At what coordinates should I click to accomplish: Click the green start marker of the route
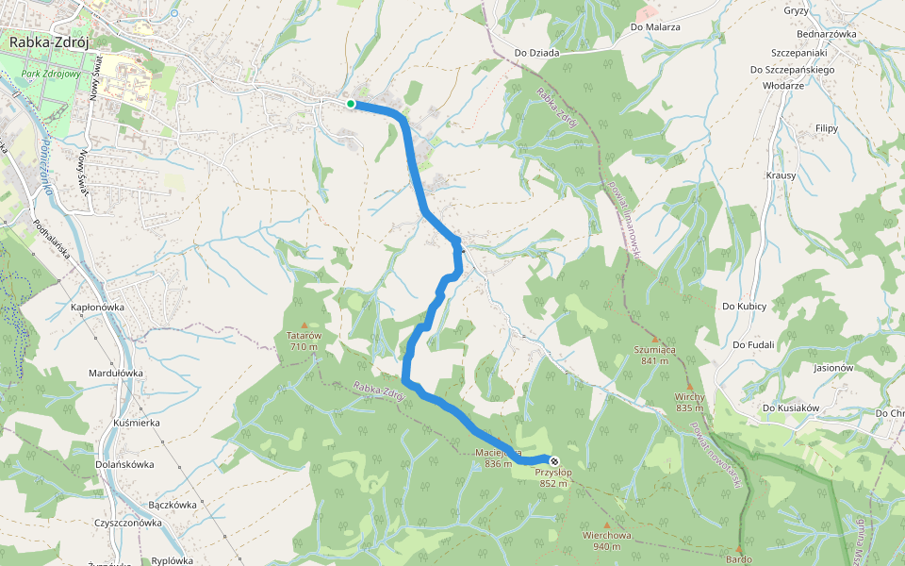coord(351,104)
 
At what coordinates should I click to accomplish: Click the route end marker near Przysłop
coord(554,460)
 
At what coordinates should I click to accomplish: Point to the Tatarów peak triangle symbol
coord(304,325)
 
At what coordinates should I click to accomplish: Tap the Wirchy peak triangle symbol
coord(690,387)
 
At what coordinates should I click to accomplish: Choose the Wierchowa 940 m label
coord(607,541)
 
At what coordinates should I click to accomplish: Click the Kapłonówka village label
coord(98,308)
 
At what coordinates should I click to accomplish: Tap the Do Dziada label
coord(537,53)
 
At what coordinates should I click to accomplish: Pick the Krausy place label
coord(782,175)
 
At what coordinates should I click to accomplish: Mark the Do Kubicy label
coord(745,307)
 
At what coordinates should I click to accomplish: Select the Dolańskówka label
coord(126,464)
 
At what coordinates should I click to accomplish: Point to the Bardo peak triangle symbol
coord(739,547)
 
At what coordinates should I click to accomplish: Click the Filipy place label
coord(827,126)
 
